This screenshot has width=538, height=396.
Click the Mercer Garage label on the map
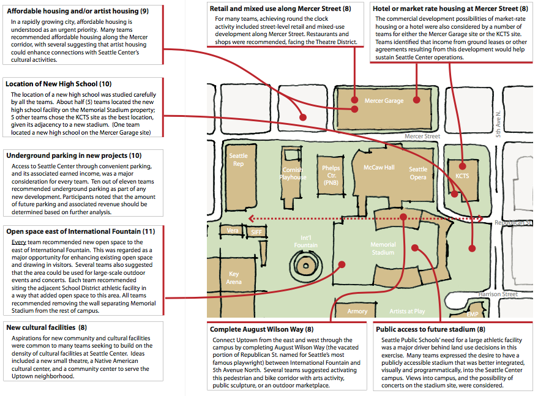tap(384, 100)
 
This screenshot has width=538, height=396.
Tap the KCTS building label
tap(462, 176)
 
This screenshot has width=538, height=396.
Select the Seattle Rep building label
tap(239, 160)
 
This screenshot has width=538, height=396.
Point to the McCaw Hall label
tap(379, 168)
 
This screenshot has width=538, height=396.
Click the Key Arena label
tap(234, 278)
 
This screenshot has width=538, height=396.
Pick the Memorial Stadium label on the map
tap(383, 248)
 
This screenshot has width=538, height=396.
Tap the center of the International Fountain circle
tap(305, 266)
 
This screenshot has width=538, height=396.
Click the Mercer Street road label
tap(422, 136)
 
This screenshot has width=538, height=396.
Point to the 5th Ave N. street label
tap(498, 124)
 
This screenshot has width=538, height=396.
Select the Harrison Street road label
tap(498, 294)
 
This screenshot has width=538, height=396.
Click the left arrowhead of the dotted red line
tap(251, 219)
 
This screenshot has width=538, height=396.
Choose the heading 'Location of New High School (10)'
tap(58, 84)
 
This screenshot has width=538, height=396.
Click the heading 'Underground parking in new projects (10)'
tap(74, 155)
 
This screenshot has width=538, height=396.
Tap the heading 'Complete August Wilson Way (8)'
tap(262, 329)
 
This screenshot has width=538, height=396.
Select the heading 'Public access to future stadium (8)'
tap(431, 329)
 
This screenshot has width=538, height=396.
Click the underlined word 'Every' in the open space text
tap(19, 242)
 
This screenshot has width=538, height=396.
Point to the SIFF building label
tap(256, 233)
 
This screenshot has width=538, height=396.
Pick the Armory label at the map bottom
tap(357, 312)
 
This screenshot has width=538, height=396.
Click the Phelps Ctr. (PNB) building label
tap(331, 175)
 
